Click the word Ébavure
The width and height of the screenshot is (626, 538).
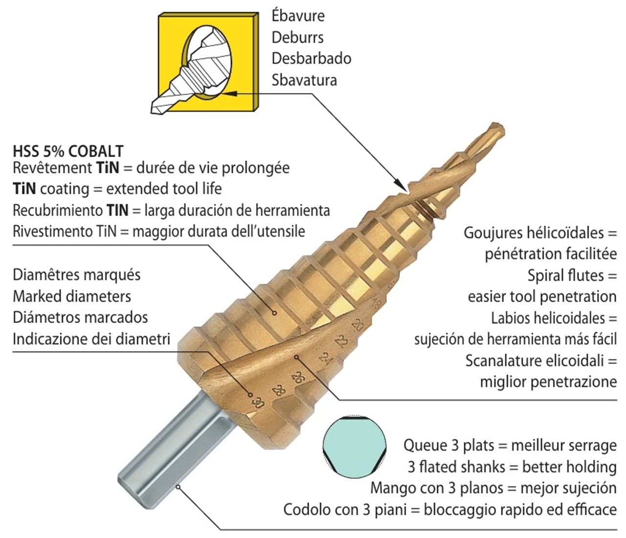pos(298,15)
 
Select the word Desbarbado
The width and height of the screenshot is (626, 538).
pos(312,59)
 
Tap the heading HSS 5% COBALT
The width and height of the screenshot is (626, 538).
pos(68,151)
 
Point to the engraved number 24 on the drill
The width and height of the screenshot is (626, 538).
pos(326,359)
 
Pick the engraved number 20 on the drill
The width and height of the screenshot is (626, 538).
pos(358,325)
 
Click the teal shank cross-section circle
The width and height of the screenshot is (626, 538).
pos(355,447)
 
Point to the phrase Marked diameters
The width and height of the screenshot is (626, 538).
pos(72,296)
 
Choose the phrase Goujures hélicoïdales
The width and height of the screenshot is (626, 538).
pos(534,233)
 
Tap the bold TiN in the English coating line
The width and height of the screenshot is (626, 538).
pos(24,188)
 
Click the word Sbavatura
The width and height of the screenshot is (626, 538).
pos(304,80)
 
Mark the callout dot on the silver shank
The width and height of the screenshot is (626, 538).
pos(179,487)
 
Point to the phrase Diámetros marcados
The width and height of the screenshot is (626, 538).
pos(80,317)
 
